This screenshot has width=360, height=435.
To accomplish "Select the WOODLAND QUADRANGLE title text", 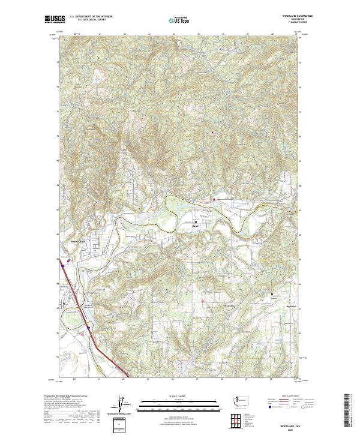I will (292, 16).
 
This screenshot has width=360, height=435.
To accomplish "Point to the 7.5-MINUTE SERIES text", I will (292, 22).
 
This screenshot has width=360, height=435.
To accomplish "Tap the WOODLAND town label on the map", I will (74, 241).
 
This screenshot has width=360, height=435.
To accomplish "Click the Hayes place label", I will (194, 226).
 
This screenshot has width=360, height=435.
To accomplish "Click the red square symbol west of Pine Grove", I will (203, 301).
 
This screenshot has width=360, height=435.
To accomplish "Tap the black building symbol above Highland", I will (273, 294).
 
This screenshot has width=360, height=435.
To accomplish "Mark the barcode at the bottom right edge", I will (347, 411).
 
